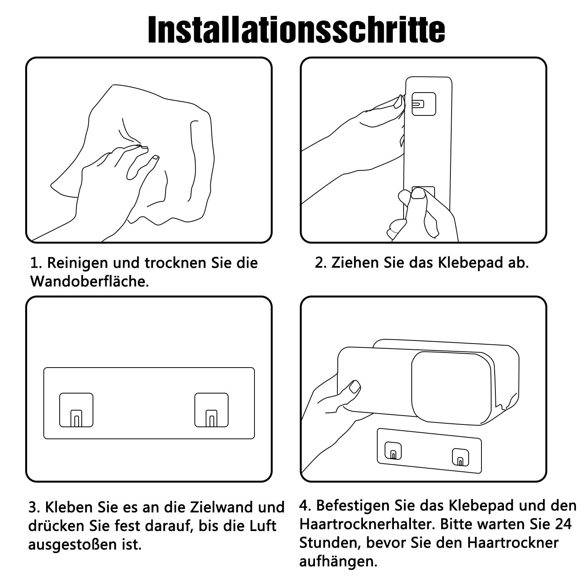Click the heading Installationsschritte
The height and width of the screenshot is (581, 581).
296,30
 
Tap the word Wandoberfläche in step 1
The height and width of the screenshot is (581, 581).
89,282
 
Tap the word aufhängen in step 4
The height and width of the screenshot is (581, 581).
338,561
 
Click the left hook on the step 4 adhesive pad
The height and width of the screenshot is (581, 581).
393,451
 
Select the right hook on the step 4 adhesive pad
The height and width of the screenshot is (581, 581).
460,457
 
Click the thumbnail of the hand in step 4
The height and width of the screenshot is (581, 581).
354,387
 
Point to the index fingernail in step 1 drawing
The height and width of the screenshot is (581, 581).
155,158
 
